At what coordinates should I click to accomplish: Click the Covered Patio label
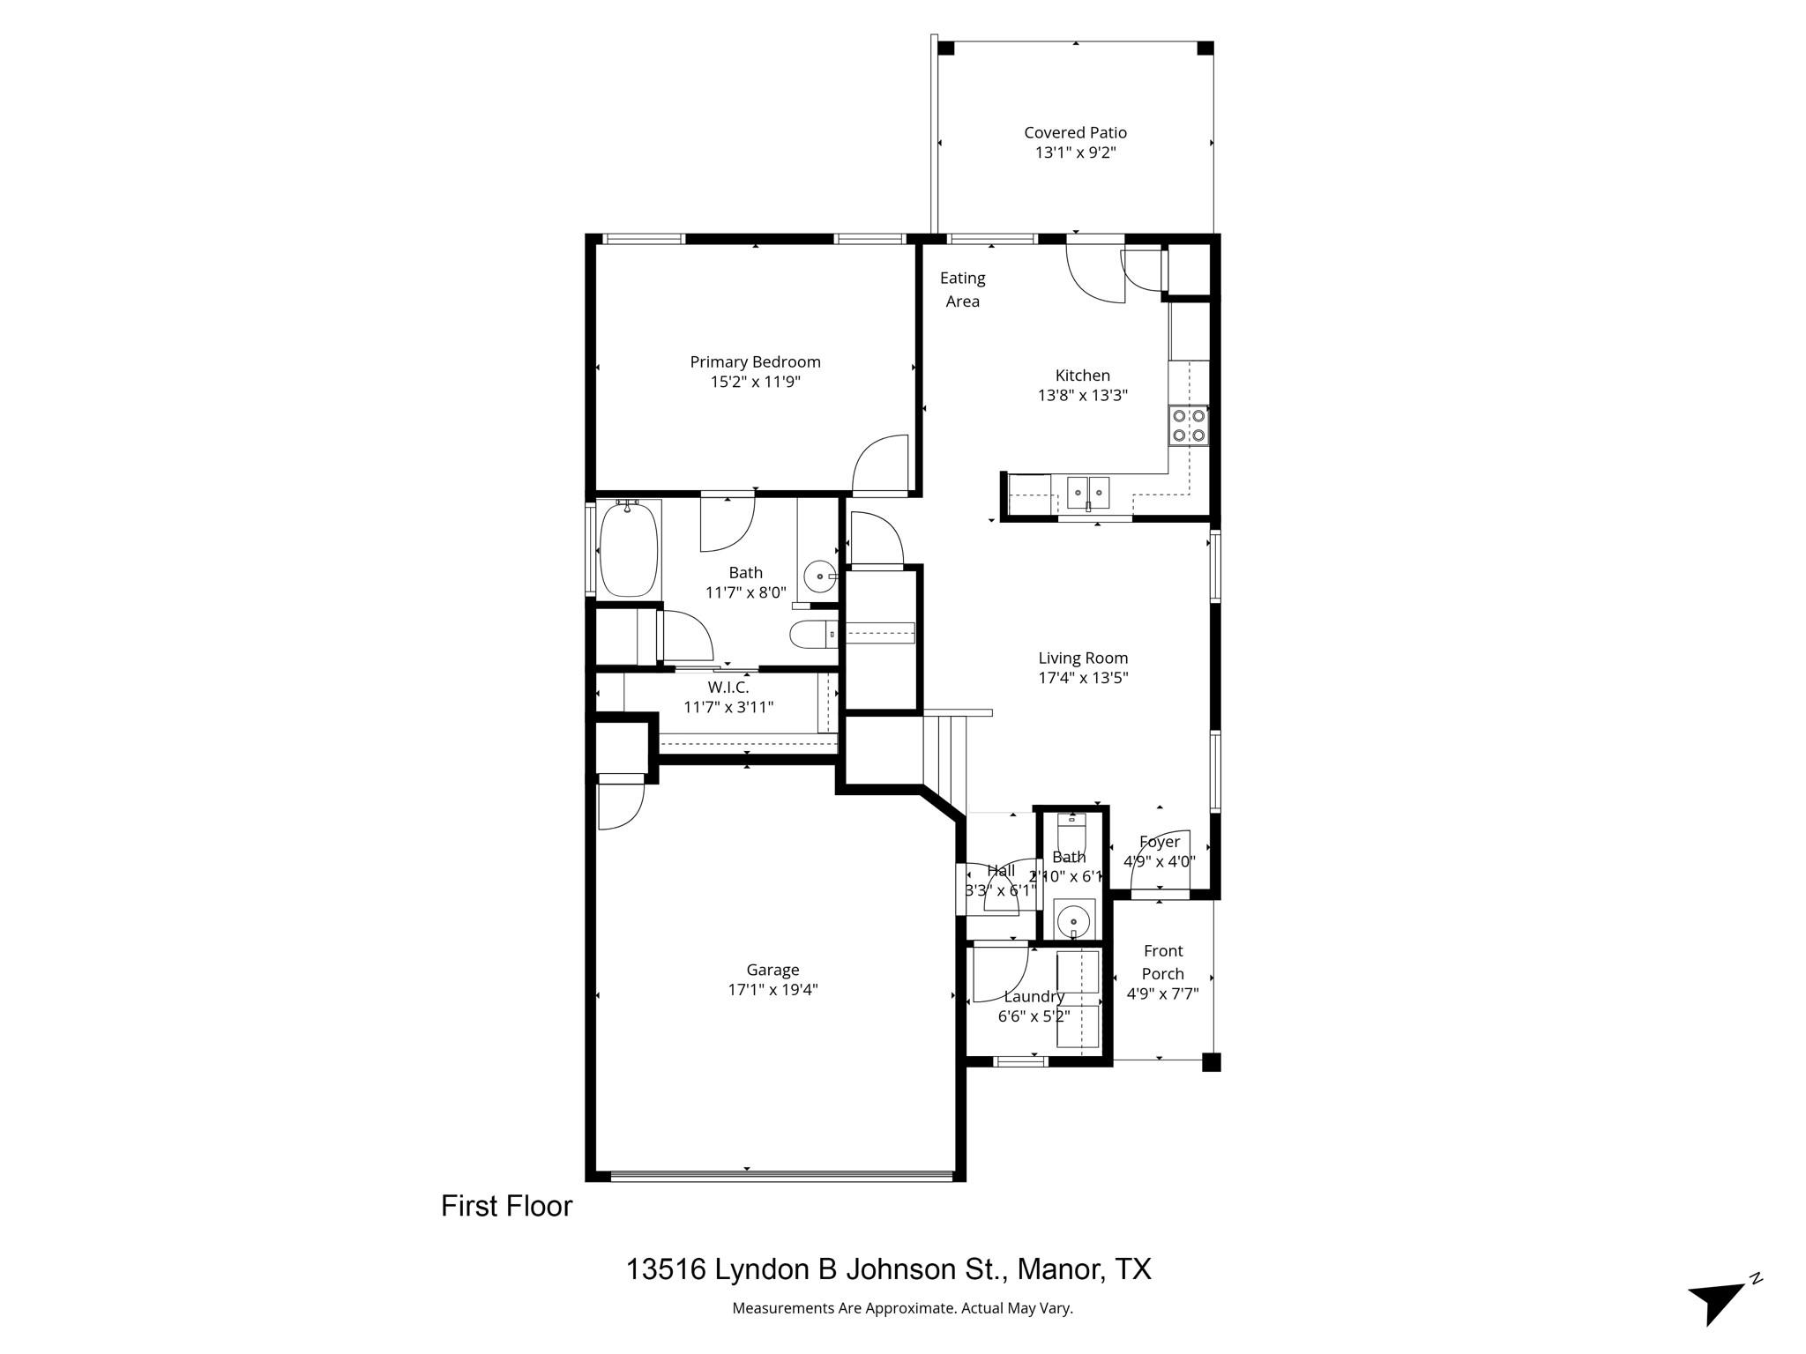[1075, 132]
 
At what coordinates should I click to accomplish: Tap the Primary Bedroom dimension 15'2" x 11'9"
[755, 382]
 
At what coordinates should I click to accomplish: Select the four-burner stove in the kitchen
[1188, 425]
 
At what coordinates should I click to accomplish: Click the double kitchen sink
[1088, 492]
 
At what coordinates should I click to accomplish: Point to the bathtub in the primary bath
[629, 550]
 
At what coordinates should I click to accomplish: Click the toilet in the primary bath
[812, 634]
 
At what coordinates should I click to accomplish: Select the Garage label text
[772, 970]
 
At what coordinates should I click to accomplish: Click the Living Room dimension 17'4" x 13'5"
[1083, 678]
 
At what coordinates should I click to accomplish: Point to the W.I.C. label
[728, 688]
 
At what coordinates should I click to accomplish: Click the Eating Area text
[962, 289]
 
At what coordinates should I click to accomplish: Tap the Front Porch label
[1162, 962]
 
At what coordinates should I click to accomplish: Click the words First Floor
[506, 1206]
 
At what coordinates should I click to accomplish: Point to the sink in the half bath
[1073, 919]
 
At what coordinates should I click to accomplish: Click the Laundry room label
[1034, 996]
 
